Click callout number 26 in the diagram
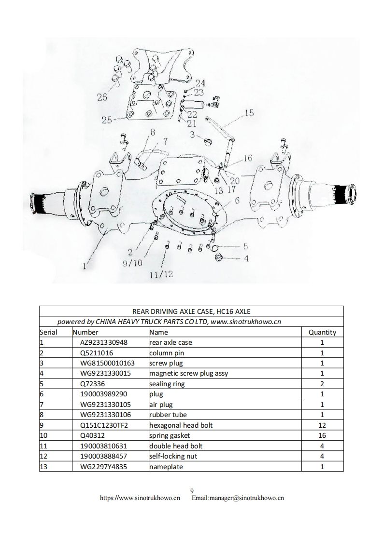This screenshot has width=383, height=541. coord(102,97)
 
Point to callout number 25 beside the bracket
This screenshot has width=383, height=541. coord(107,120)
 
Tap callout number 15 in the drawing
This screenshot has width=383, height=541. coord(249,113)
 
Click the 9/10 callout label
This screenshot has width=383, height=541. coord(132,263)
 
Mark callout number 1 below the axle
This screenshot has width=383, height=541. coord(85,265)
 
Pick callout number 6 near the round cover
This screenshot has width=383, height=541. coord(237,201)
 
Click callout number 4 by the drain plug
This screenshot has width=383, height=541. coord(246,258)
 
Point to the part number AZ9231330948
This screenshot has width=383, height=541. coord(104,342)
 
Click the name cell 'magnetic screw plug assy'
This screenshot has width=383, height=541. coord(188,373)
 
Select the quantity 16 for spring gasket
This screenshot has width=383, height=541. coord(322,435)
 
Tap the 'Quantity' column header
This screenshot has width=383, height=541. coord(322,332)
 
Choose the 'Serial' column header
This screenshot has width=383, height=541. coord(48,332)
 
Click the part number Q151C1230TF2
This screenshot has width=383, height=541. coord(105,425)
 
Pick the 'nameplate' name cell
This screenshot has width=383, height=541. coord(166,467)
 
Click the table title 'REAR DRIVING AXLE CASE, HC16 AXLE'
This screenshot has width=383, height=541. coord(191,311)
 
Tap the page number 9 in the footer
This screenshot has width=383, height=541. coord(192,491)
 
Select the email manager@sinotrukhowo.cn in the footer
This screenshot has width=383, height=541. coord(238,498)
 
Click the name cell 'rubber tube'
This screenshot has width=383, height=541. coord(168,415)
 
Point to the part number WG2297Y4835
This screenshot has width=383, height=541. coord(104,467)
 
